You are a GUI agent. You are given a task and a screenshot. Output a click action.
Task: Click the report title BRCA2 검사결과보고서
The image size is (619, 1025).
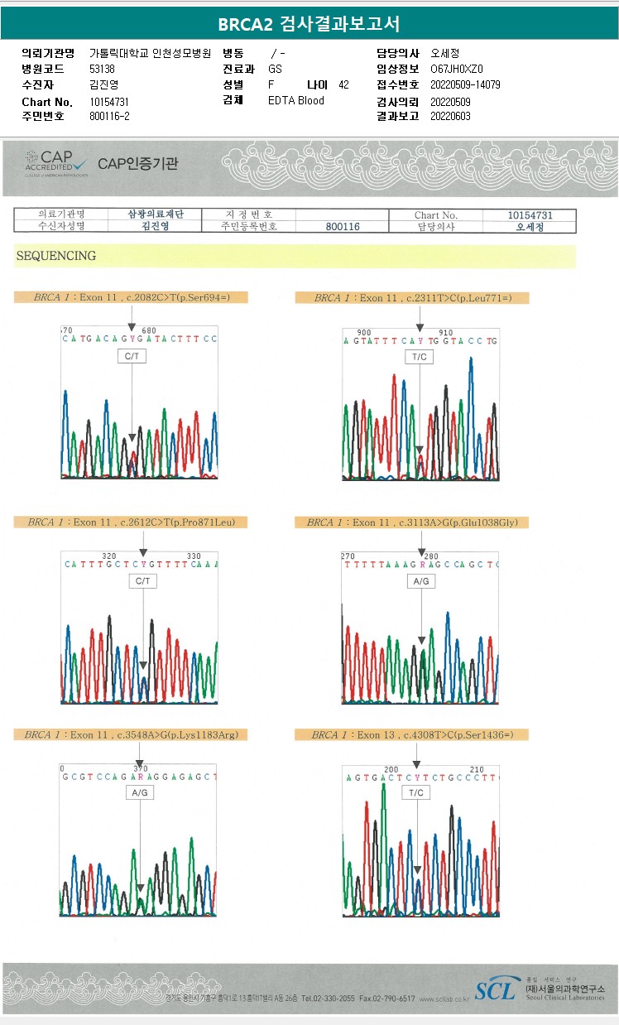click(x=309, y=24)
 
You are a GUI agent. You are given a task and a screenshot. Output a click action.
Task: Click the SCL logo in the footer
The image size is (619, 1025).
click(x=495, y=989)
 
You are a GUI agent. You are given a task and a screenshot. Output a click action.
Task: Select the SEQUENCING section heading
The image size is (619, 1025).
click(x=56, y=256)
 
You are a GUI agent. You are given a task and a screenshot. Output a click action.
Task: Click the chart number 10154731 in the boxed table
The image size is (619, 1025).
click(x=530, y=215)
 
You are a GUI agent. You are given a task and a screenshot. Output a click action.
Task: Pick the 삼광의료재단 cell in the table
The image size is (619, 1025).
click(x=155, y=214)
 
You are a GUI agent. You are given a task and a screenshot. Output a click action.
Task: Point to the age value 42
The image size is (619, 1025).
click(x=344, y=85)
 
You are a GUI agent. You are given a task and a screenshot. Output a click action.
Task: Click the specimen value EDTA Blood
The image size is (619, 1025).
click(x=296, y=101)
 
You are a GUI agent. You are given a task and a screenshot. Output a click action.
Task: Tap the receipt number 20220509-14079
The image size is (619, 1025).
click(x=465, y=85)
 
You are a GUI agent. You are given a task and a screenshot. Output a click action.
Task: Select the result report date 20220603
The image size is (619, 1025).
click(x=450, y=117)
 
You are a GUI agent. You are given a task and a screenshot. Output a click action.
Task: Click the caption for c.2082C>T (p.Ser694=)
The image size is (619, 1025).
click(x=130, y=297)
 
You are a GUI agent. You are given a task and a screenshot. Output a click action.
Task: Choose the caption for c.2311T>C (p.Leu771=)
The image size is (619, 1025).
click(x=411, y=298)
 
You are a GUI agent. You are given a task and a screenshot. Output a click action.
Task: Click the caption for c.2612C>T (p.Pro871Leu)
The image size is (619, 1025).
click(x=131, y=522)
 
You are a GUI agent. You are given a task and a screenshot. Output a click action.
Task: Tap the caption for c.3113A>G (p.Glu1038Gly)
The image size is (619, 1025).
click(x=411, y=522)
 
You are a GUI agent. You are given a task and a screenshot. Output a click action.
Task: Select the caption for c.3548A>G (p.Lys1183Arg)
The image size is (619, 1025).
click(x=131, y=734)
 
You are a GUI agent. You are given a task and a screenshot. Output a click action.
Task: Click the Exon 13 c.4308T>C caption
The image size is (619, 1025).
click(x=411, y=735)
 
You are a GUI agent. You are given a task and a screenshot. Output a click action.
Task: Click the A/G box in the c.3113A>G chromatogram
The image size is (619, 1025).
click(x=421, y=582)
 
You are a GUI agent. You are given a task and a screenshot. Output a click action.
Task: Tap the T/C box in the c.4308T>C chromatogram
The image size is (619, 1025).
click(x=416, y=793)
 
